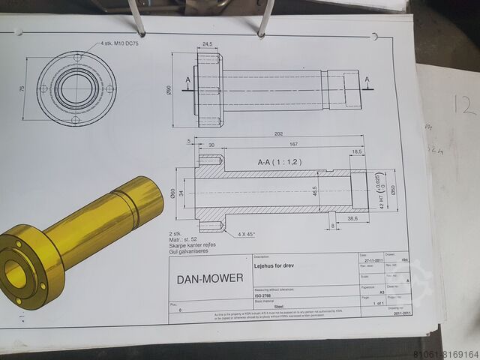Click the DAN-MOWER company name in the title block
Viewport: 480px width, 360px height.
click(209, 279)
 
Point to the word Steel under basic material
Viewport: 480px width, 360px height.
click(279, 307)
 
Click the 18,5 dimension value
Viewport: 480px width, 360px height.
click(357, 152)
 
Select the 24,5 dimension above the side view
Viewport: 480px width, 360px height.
click(208, 43)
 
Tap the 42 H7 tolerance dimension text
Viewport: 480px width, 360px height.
click(382, 194)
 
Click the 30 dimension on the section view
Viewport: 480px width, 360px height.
click(211, 145)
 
